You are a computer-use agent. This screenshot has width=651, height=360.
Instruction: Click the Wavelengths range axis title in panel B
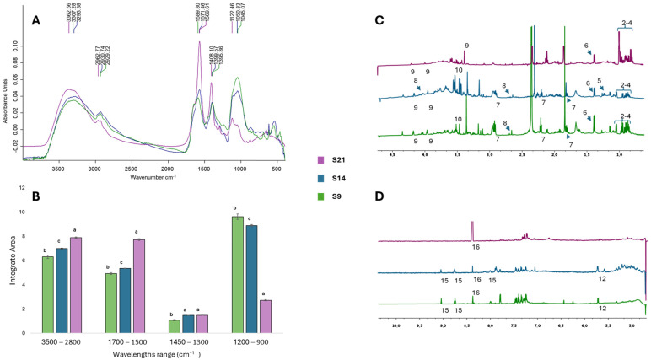click(x=166, y=354)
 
